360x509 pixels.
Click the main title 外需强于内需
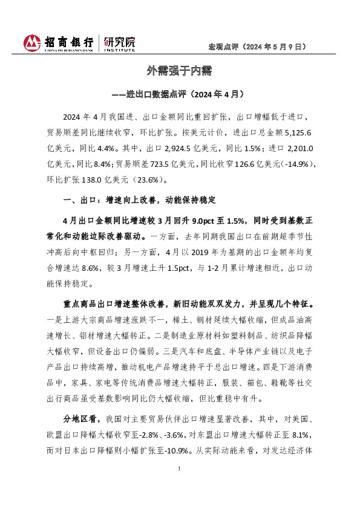point(179,71)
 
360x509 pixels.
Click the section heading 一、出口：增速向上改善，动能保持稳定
point(139,199)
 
